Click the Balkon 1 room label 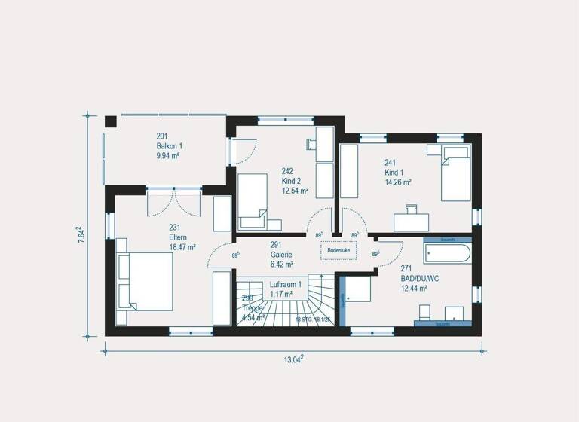(x=170, y=146)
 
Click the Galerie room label (x=281, y=255)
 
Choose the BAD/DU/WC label (x=419, y=278)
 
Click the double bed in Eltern (x=146, y=282)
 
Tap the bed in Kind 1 (x=455, y=173)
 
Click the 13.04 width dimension (x=293, y=359)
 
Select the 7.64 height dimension (x=81, y=234)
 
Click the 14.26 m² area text (x=398, y=182)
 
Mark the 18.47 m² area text (x=182, y=246)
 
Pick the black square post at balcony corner (x=111, y=121)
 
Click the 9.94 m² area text (x=168, y=156)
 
